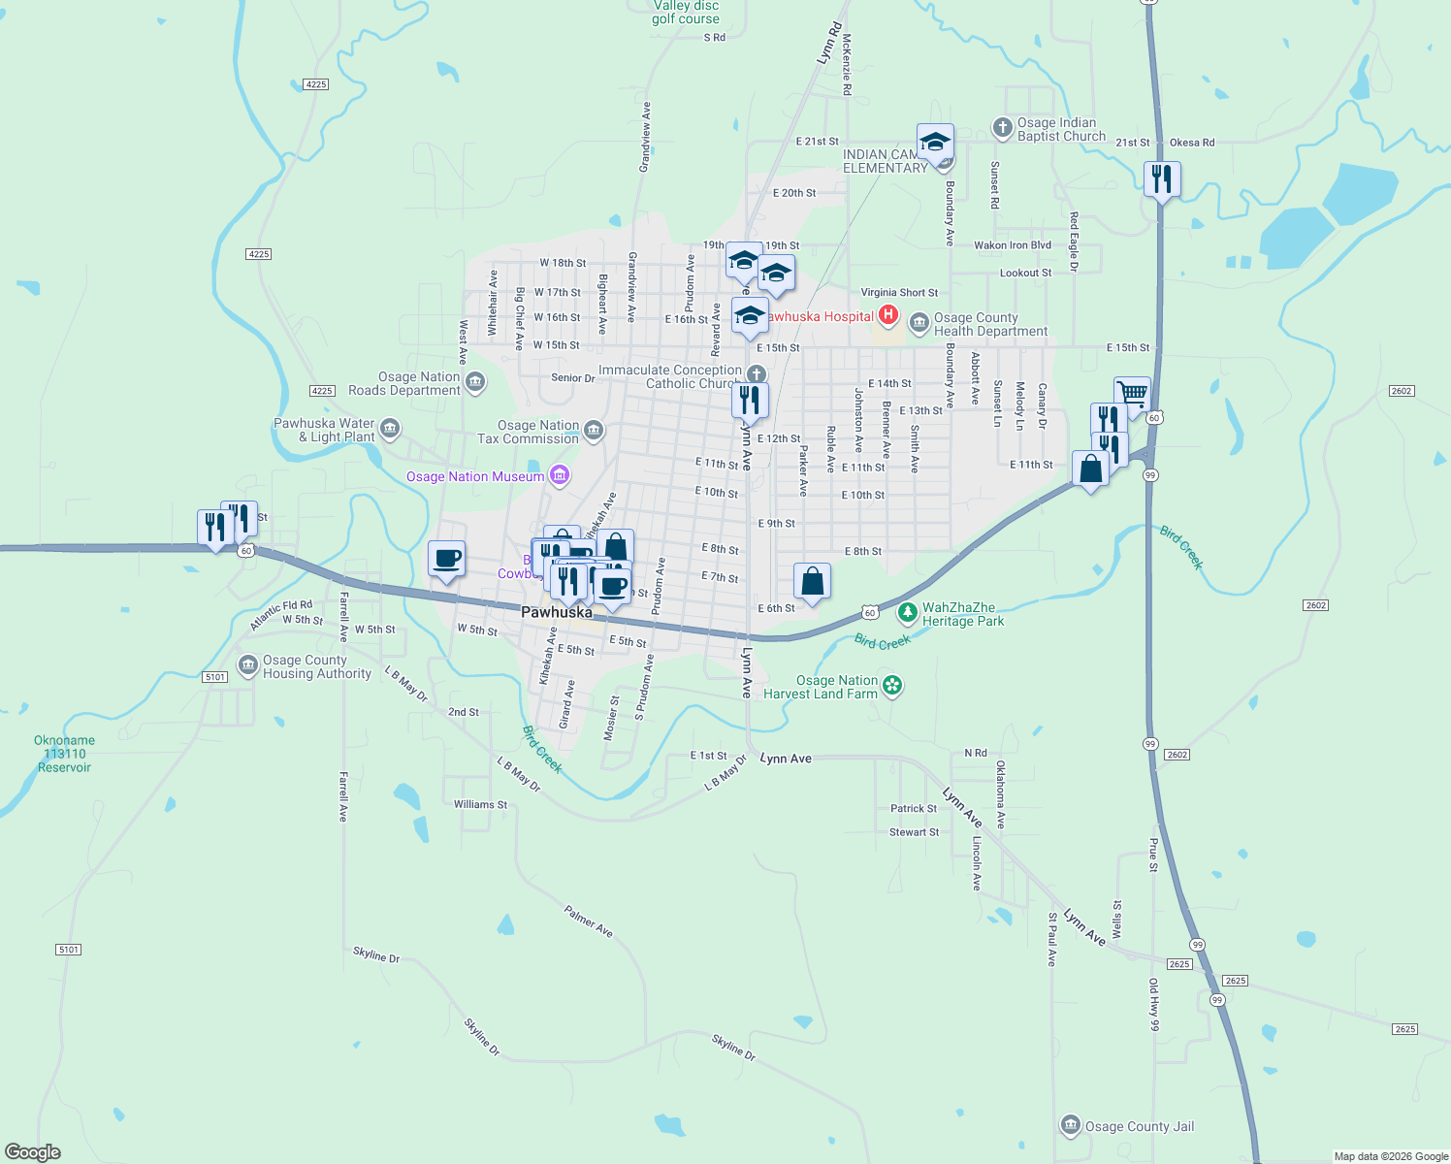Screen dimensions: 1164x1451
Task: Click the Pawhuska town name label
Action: coord(556,612)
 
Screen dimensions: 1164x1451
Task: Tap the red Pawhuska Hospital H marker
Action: coord(887,314)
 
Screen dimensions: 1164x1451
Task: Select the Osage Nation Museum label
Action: coord(475,476)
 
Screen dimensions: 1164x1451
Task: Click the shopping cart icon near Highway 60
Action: coord(1132,394)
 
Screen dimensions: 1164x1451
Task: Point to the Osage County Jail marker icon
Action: coord(1070,1125)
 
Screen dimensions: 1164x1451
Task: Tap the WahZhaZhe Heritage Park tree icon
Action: coord(907,612)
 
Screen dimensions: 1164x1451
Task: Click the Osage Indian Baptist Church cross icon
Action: coord(1002,128)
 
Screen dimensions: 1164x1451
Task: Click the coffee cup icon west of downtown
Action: coord(446,559)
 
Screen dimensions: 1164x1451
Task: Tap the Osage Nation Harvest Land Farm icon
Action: coord(892,686)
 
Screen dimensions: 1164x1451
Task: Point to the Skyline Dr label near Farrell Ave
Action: coord(376,954)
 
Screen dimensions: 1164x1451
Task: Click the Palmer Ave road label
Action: coord(588,921)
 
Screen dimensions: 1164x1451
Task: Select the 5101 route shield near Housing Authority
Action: coord(215,677)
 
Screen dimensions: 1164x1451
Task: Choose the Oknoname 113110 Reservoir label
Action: coord(64,754)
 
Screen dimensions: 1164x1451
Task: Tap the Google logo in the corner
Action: coord(33,1152)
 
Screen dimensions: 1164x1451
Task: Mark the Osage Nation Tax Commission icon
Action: coord(594,430)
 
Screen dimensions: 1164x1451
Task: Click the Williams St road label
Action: coord(480,804)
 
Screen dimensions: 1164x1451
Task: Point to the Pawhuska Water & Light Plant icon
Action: coord(389,428)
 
